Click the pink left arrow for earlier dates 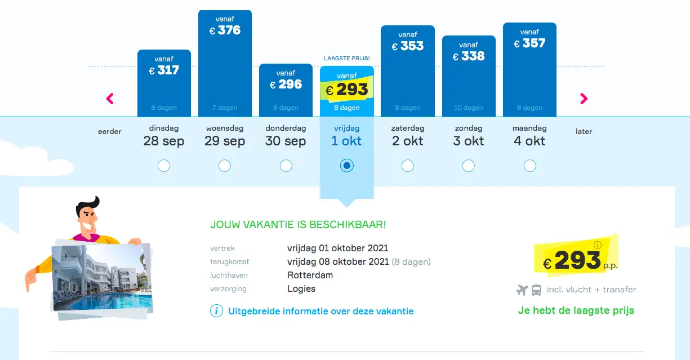click(110, 99)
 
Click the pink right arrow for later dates click(584, 99)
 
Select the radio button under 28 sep click(163, 166)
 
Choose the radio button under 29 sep click(225, 166)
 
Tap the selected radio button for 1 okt click(346, 166)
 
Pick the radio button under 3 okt click(468, 166)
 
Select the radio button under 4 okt click(529, 166)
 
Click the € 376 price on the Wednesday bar click(225, 30)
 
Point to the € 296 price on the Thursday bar click(286, 85)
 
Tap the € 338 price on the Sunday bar click(469, 56)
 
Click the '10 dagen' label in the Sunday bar click(468, 108)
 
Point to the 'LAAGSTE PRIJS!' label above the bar click(347, 58)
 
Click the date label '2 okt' click(408, 141)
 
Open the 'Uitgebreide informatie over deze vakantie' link click(320, 311)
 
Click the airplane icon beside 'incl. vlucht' click(522, 290)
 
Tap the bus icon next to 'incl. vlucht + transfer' click(536, 290)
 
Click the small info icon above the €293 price click(597, 245)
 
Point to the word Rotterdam click(310, 275)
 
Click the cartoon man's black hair click(87, 205)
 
